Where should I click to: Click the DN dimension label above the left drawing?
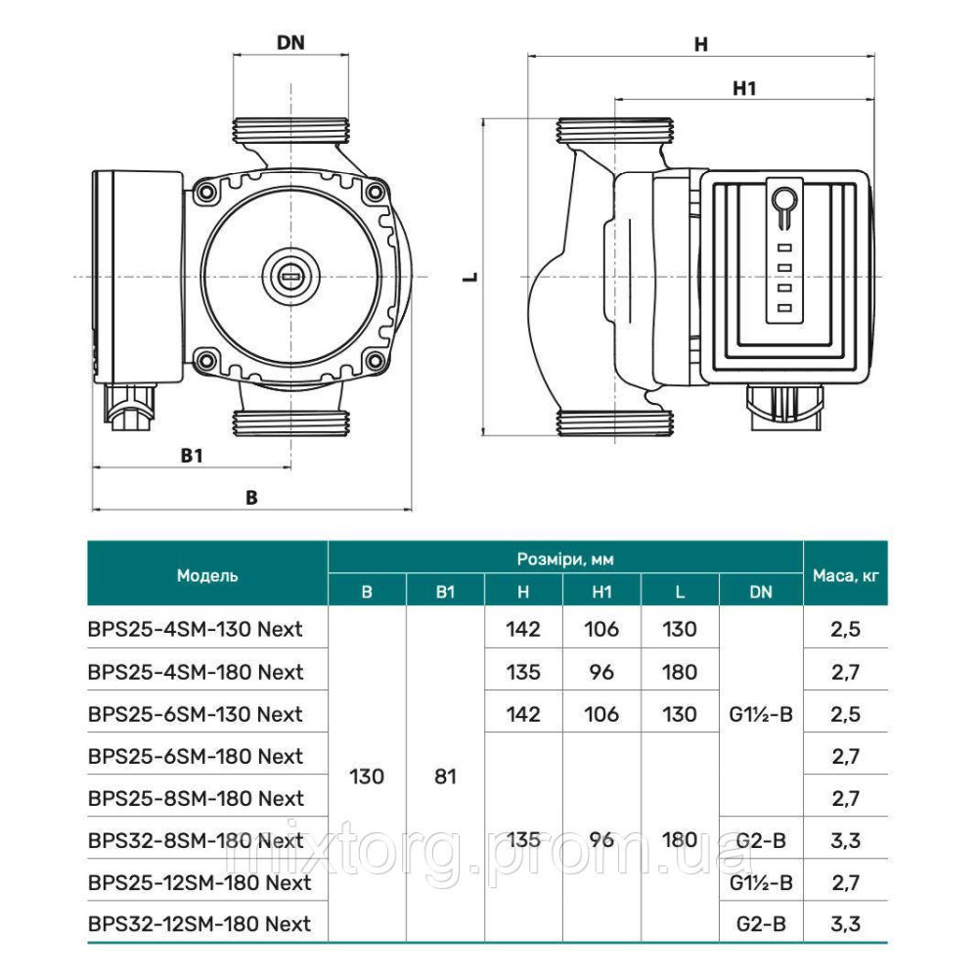[290, 42]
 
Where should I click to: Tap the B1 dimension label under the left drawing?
[192, 455]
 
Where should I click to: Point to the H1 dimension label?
[745, 88]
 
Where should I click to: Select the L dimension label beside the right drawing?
[471, 277]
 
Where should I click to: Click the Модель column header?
[207, 576]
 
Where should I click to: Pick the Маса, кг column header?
[846, 576]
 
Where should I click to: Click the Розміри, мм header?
[565, 559]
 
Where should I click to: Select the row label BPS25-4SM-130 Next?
[196, 629]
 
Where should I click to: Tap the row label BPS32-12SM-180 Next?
[200, 923]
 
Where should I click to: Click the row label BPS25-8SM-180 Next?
[196, 798]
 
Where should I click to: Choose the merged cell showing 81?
[445, 777]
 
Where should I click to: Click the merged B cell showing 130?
[367, 777]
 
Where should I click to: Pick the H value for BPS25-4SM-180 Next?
[523, 672]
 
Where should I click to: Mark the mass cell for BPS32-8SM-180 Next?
[846, 840]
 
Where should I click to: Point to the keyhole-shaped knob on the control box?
[782, 201]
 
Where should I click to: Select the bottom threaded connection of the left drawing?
[290, 423]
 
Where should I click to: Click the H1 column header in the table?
[601, 592]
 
